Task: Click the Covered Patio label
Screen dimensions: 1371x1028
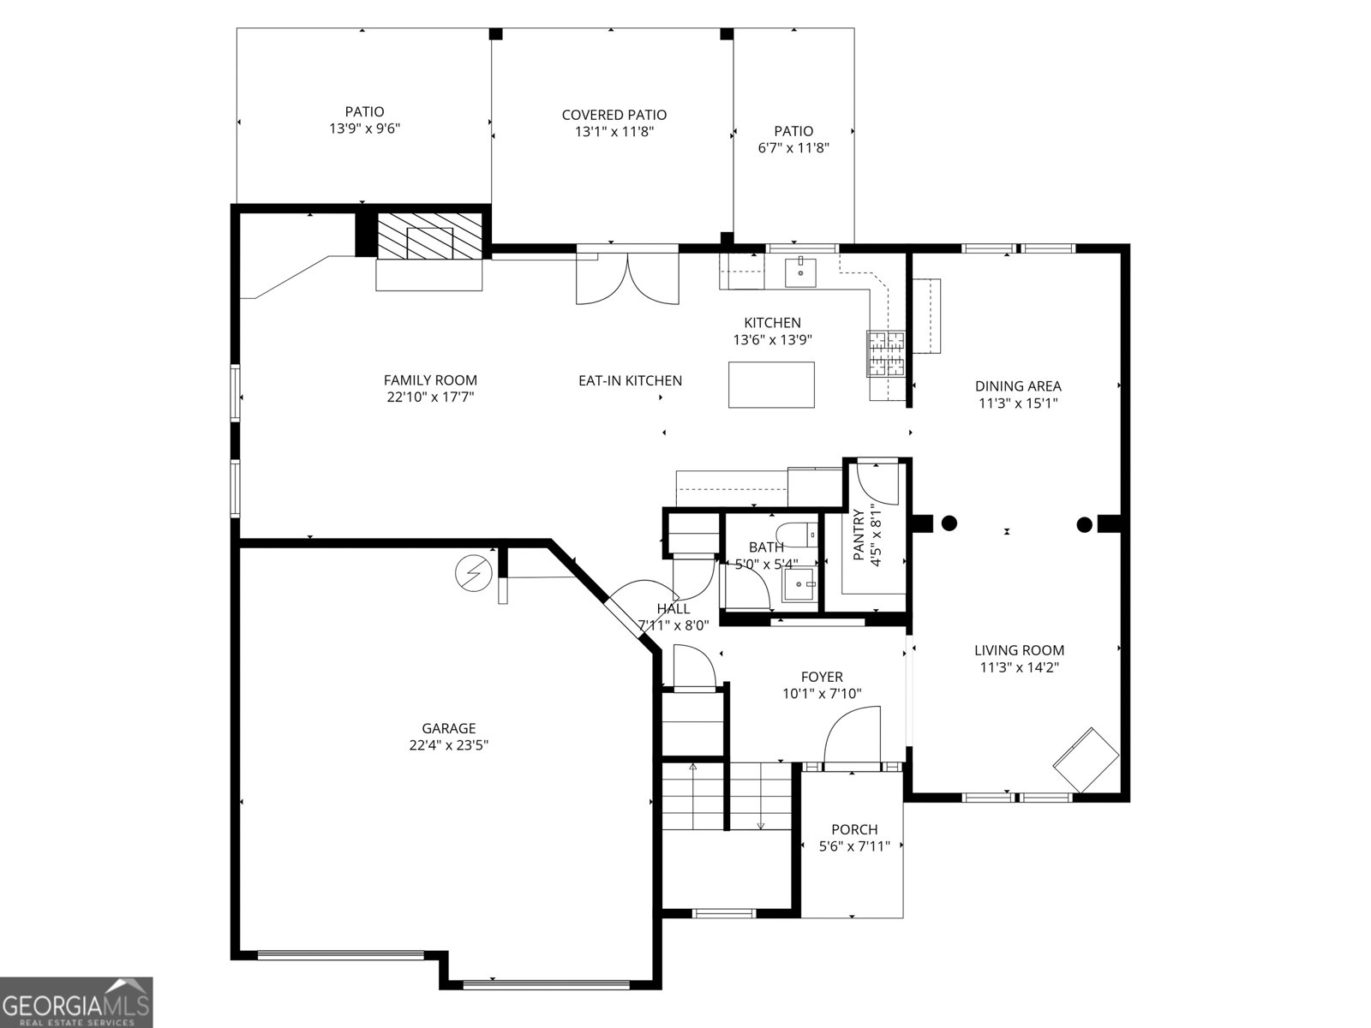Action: (614, 115)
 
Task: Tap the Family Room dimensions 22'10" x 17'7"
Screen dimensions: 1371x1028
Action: (430, 397)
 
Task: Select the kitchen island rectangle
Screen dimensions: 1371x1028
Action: (771, 385)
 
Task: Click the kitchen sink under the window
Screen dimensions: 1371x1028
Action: (800, 272)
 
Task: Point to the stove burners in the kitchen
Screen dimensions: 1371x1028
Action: (885, 353)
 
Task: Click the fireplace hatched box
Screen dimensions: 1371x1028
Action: (430, 236)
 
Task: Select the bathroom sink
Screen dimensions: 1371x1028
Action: (800, 584)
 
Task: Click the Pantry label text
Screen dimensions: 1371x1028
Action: (859, 535)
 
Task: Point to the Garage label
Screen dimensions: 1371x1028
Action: (448, 728)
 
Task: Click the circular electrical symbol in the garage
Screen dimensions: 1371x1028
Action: (474, 572)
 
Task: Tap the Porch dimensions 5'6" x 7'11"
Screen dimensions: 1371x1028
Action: (853, 846)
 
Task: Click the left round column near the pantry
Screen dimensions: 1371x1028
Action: (949, 523)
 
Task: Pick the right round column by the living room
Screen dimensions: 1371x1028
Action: (1084, 525)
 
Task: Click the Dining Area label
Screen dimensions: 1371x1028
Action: (1018, 386)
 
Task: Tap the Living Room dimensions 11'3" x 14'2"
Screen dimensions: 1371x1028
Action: (1020, 667)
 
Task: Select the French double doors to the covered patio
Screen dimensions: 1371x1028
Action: (627, 278)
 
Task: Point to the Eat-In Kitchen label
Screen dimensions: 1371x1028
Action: (630, 380)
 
